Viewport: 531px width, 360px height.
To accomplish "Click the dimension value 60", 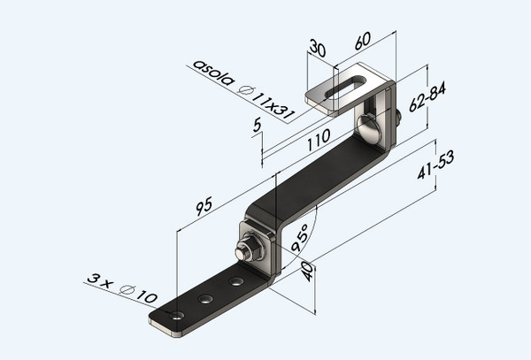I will pos(362,41).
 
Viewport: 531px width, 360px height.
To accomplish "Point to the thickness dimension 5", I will pos(257,126).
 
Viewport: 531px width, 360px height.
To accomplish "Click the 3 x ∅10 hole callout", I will pos(122,287).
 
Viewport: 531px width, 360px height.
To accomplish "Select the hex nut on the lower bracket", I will pos(250,248).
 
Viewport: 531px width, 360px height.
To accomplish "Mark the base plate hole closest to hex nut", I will pos(235,282).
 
